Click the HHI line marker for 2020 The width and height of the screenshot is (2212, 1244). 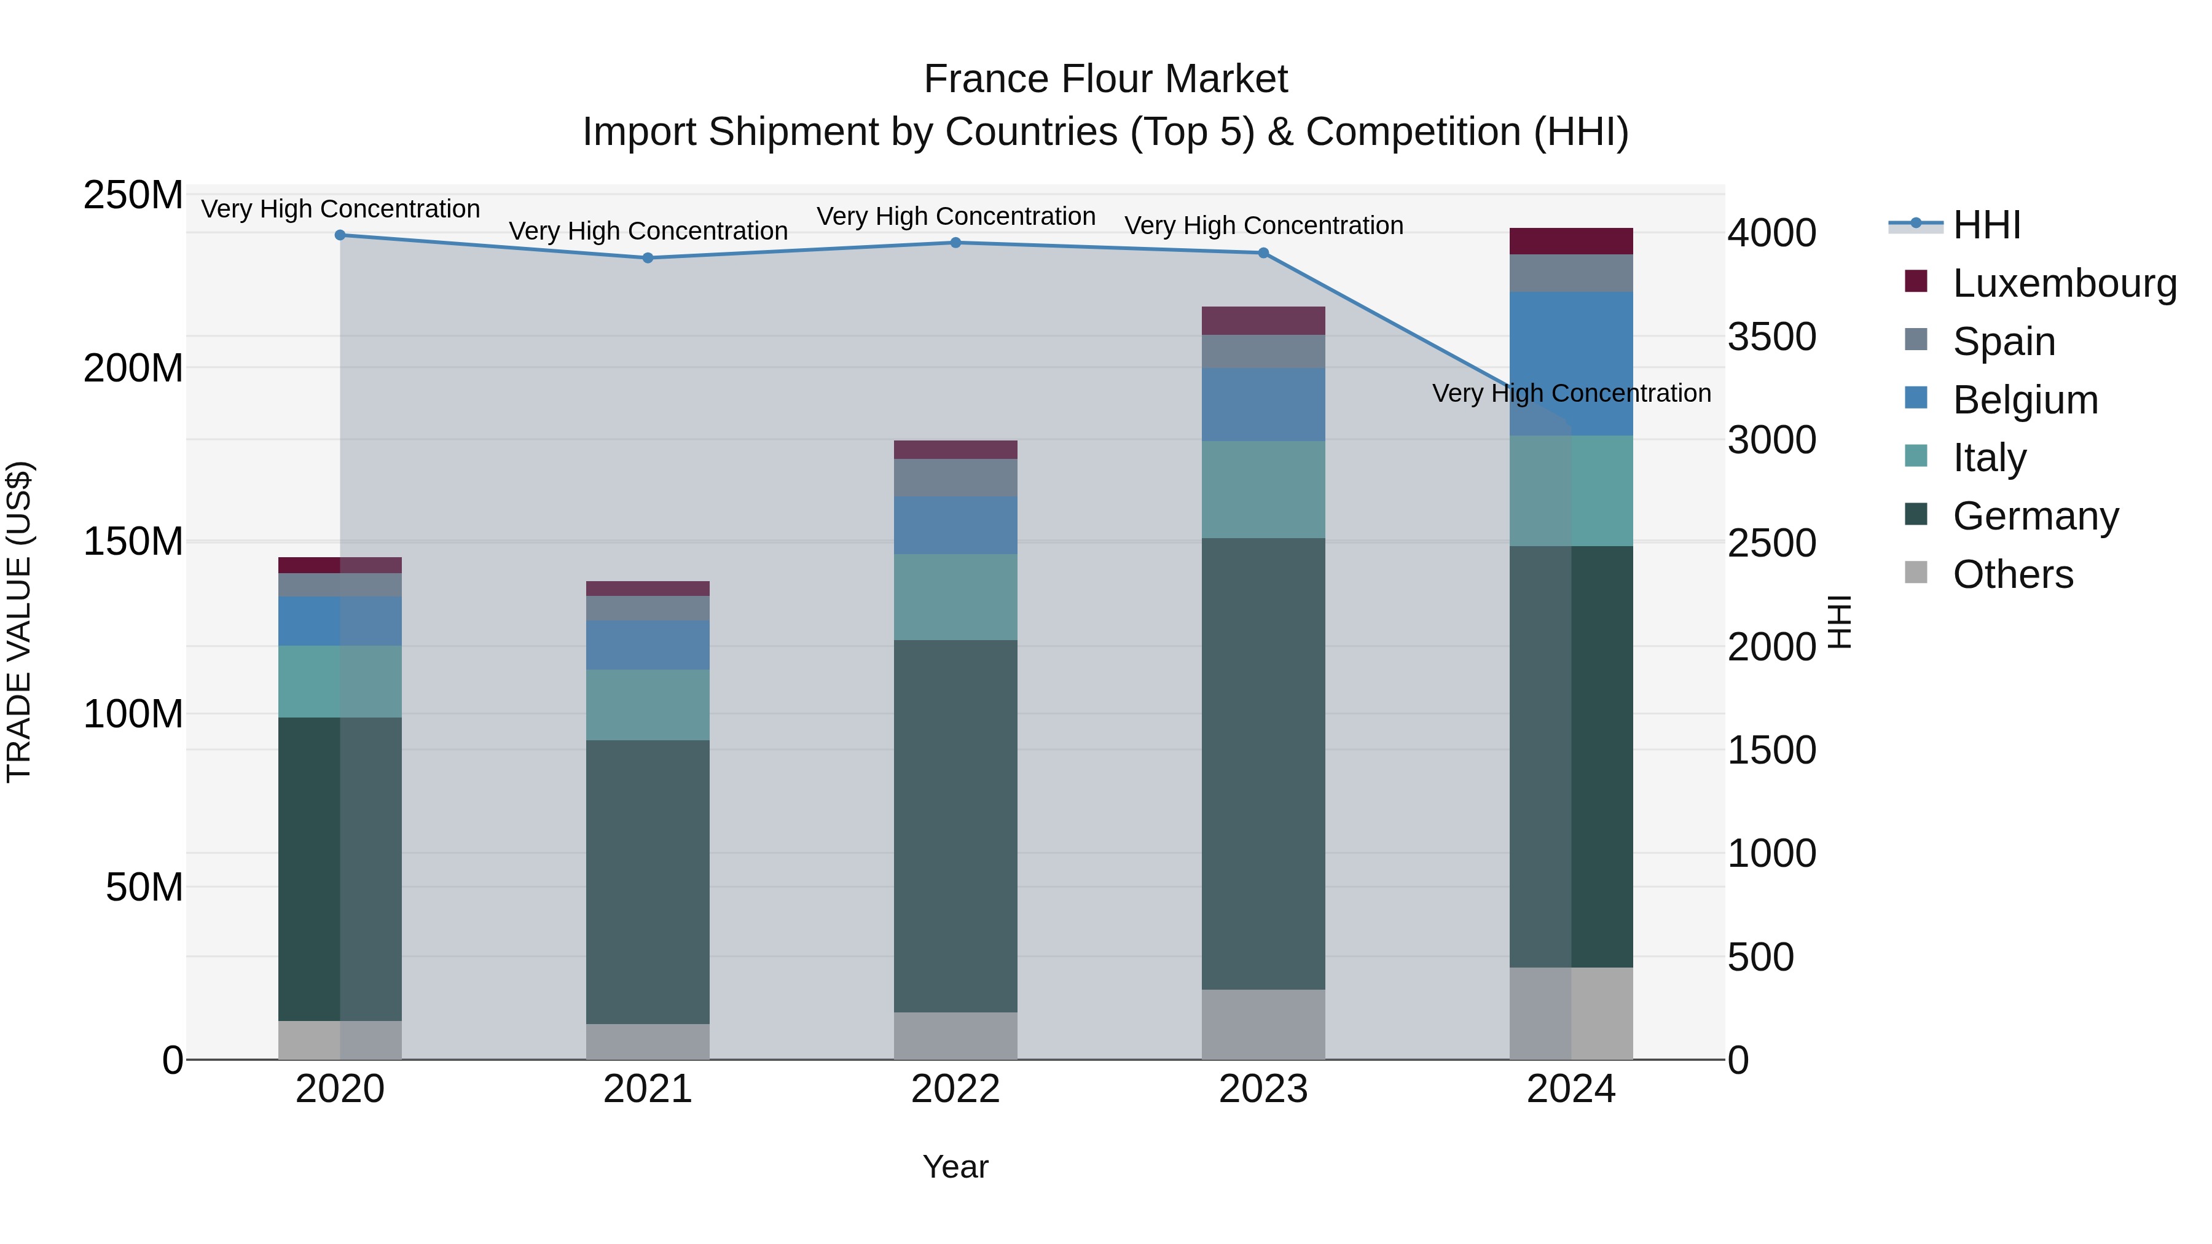[x=340, y=235]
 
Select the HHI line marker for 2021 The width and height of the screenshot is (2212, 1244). [x=648, y=257]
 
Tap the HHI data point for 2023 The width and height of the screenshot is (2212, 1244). [x=1263, y=253]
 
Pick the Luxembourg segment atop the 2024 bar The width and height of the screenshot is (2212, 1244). [x=1571, y=241]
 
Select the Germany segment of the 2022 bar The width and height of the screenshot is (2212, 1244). [x=955, y=825]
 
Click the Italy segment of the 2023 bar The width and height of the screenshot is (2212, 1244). [x=1263, y=490]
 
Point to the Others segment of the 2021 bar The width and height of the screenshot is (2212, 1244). [x=648, y=1041]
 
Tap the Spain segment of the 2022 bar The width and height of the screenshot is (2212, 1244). [x=955, y=477]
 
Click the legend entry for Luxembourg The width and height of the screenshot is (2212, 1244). [x=2065, y=283]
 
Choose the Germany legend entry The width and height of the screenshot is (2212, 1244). [x=2035, y=516]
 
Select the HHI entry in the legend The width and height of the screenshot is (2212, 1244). [x=1986, y=225]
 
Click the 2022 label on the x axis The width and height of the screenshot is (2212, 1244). [x=955, y=1089]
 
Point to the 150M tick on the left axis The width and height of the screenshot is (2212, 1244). [x=133, y=542]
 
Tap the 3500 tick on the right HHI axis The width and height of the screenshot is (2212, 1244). [x=1772, y=337]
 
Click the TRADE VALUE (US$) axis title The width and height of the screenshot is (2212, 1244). [x=20, y=622]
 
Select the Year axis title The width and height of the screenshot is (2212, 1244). [x=955, y=1167]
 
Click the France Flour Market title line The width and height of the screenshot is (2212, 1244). [x=1105, y=79]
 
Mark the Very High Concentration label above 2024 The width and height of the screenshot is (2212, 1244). [x=1571, y=393]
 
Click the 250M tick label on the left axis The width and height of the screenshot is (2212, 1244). [x=133, y=196]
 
